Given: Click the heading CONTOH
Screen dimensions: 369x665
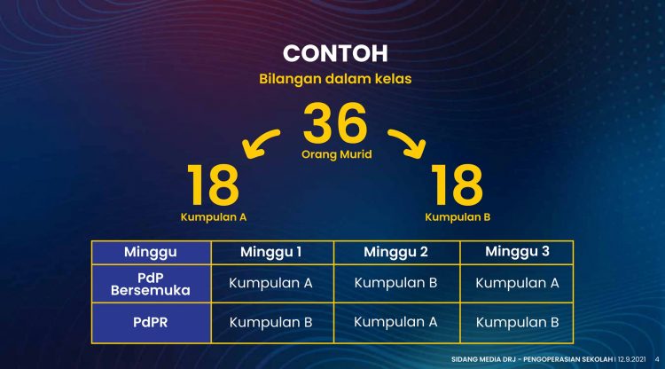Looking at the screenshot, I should coord(335,51).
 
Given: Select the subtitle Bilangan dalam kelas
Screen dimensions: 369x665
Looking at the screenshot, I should coord(335,79).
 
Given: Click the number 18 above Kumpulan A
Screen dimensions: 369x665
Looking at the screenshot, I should coord(214,184).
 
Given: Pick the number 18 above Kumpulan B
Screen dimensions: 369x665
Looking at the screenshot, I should coord(457,184).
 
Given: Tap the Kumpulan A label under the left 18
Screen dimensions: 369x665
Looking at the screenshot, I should coord(214,216).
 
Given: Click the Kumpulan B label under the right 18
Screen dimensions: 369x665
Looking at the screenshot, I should coord(458,216).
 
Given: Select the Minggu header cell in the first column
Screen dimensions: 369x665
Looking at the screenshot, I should coord(151,252).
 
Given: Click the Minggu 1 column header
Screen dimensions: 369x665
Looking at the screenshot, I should coord(271,252).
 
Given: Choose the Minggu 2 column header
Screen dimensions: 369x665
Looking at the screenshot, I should coord(395,252).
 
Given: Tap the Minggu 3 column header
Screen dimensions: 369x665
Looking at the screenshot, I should coord(517,252).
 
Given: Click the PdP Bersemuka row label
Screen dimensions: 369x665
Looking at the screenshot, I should coord(151,284).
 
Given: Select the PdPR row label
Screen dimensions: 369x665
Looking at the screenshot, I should coord(151,322).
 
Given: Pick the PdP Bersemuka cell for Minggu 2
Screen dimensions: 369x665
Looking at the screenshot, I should coord(395,284).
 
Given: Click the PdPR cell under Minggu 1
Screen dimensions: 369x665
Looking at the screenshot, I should coord(271,322).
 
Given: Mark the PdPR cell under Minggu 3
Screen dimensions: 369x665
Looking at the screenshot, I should coord(517,322).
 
